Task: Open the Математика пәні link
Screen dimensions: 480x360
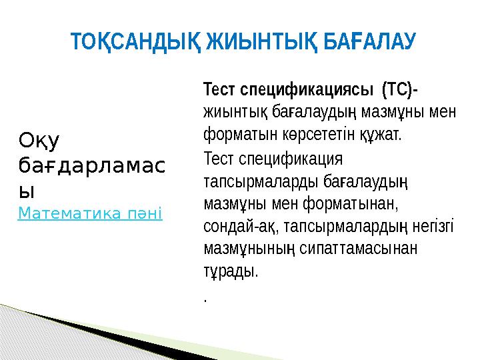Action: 90,213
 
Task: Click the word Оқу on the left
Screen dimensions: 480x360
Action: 39,141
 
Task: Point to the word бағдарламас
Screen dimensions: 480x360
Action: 92,166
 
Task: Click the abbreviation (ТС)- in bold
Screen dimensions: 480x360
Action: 400,90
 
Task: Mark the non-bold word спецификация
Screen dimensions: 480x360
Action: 291,159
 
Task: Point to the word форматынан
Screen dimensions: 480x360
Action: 351,204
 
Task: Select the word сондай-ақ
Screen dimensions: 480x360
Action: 241,227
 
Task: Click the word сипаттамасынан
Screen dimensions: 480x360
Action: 359,248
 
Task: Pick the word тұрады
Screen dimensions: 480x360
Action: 231,271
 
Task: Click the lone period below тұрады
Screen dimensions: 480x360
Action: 205,301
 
